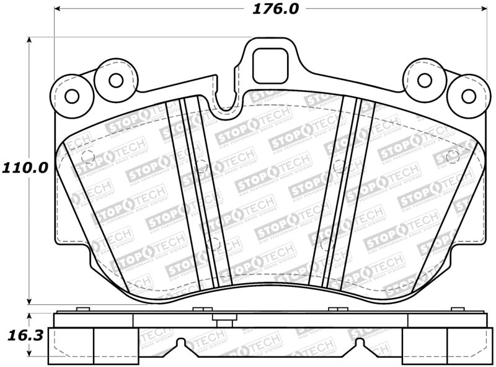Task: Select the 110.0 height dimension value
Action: [x=24, y=168]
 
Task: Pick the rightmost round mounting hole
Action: [x=468, y=96]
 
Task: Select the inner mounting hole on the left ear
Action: [x=115, y=79]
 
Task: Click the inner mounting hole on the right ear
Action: [x=425, y=79]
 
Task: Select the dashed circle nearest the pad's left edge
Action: [x=87, y=156]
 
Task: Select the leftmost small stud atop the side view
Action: [x=80, y=309]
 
